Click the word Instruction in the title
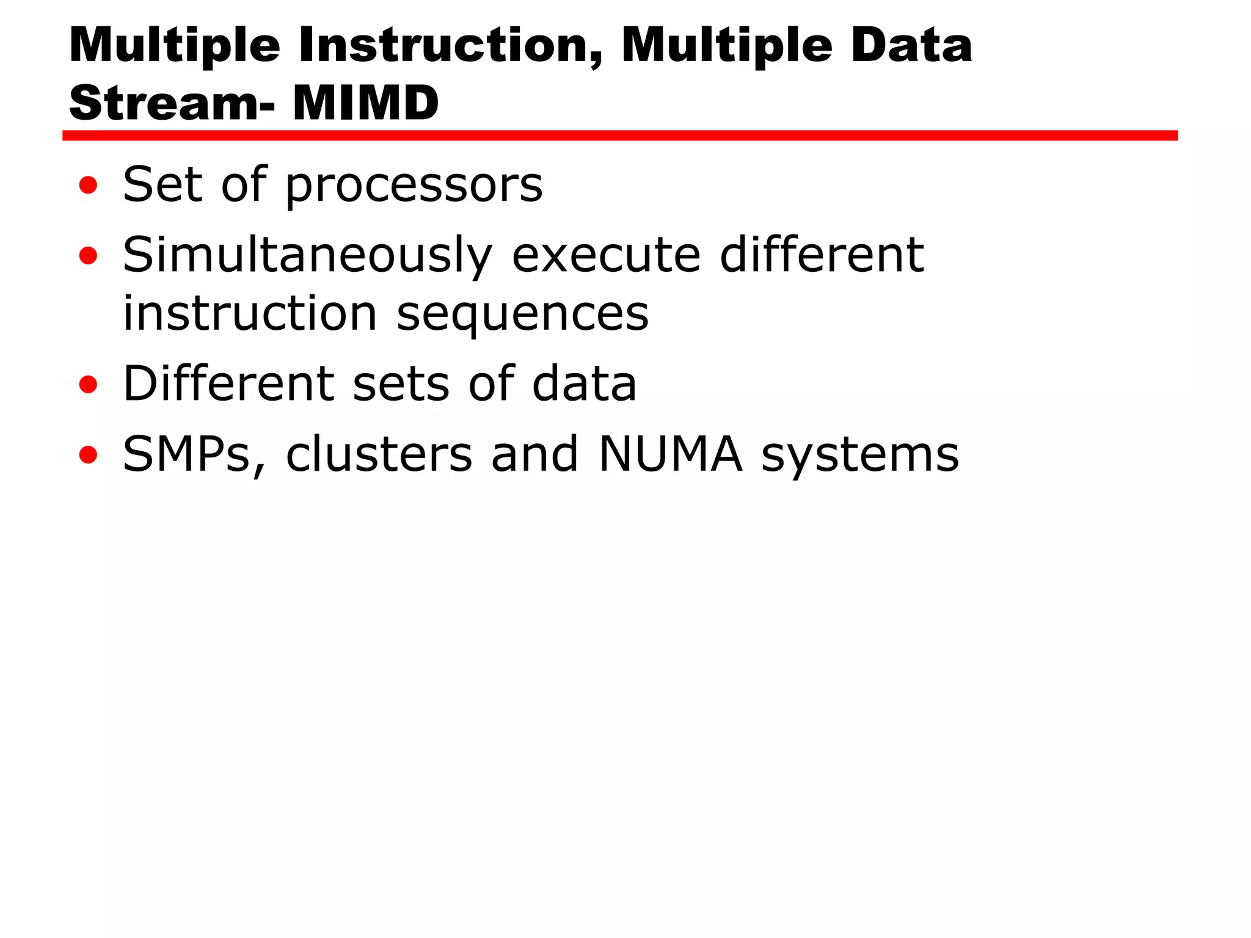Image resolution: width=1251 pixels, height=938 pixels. point(451,46)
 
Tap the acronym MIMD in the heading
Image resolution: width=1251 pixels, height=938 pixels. point(365,103)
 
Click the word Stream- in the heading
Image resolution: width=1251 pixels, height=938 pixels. point(172,103)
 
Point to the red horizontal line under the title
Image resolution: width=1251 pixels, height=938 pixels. point(619,136)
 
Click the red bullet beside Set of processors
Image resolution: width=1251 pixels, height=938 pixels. point(89,185)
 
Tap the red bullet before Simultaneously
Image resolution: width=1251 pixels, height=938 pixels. point(89,255)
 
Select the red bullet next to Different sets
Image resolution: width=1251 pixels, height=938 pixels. point(89,384)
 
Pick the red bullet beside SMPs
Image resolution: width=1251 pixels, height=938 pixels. point(89,454)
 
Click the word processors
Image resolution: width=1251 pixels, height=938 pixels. point(414,185)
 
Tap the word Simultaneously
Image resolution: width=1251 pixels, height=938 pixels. point(307,255)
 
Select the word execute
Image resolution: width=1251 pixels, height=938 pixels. point(605,255)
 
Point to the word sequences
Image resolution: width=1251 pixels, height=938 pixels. point(522,314)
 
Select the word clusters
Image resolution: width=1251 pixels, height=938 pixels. point(379,454)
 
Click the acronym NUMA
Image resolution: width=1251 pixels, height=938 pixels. point(670,454)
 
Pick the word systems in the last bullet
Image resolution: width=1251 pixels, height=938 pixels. point(859,456)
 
